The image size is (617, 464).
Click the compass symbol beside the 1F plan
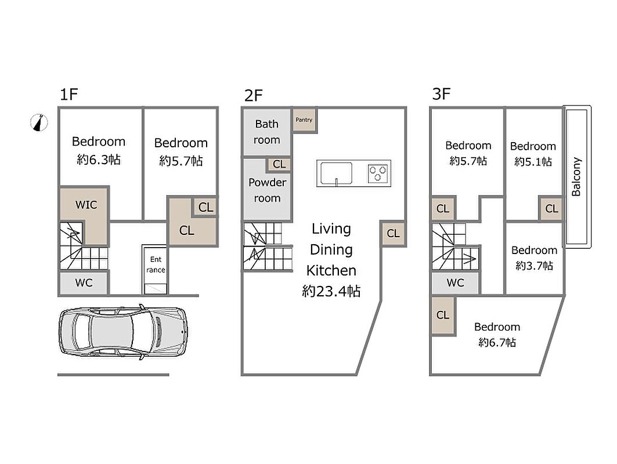(x=39, y=122)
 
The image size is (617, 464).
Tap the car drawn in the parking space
(x=123, y=332)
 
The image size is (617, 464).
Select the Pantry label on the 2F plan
(x=304, y=120)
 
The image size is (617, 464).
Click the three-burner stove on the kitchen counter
(x=378, y=173)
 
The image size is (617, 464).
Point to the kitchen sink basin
(x=337, y=173)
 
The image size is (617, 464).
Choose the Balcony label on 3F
(x=576, y=176)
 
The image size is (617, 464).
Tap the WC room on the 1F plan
(x=84, y=282)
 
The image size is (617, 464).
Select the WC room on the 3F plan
(x=455, y=282)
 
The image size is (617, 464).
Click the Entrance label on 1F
(x=156, y=264)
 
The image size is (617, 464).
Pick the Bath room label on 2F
(x=267, y=132)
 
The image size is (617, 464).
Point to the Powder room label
(x=267, y=190)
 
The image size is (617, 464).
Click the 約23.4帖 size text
(x=331, y=291)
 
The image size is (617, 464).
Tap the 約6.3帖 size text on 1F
(x=99, y=159)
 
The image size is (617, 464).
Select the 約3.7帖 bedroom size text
(x=535, y=266)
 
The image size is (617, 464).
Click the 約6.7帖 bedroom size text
(x=497, y=343)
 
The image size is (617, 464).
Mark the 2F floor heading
(x=254, y=96)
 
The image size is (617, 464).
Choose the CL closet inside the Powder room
(x=279, y=164)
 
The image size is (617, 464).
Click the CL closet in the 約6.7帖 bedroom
(x=443, y=316)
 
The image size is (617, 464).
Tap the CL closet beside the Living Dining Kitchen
(x=393, y=233)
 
